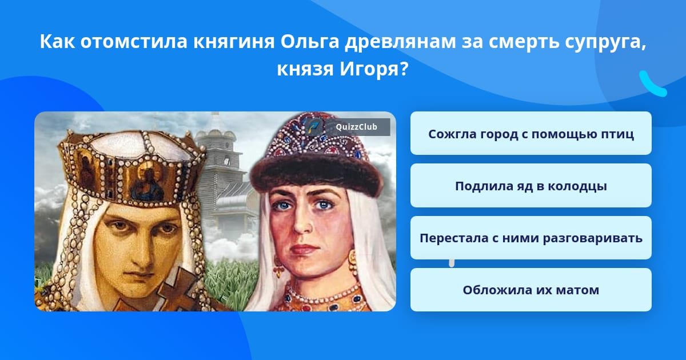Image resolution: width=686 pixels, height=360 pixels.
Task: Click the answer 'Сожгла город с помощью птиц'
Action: (x=531, y=133)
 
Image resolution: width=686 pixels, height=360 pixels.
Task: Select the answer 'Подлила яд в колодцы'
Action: (x=531, y=186)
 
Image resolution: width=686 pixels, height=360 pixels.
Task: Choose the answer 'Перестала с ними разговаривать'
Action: (x=531, y=238)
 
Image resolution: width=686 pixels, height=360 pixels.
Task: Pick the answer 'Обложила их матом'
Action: (x=531, y=290)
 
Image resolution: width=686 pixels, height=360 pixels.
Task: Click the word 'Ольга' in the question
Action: (x=310, y=41)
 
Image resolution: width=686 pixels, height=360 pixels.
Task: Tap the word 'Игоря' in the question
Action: (x=374, y=69)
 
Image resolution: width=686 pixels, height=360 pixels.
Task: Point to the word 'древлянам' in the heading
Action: (x=400, y=42)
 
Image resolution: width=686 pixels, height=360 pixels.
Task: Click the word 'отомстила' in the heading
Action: (x=134, y=42)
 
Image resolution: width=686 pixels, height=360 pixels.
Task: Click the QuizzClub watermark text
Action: (x=357, y=127)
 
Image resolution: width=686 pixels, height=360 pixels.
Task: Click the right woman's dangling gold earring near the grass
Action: (x=278, y=266)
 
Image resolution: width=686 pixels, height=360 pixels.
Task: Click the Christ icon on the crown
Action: (x=149, y=184)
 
